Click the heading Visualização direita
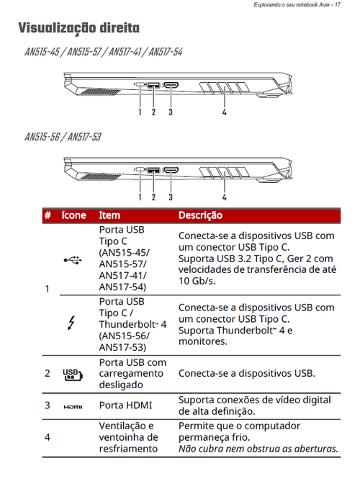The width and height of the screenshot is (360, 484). pos(79,28)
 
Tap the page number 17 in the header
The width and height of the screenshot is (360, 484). pos(338,4)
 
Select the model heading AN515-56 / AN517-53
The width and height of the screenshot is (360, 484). pos(63,137)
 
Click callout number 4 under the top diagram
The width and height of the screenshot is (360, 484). pos(224,112)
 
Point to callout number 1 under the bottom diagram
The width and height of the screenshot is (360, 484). pos(140,197)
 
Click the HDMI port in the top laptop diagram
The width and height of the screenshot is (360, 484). pos(171,85)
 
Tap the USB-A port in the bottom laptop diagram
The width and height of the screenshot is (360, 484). pos(153,170)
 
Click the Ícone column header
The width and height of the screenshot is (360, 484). pos(73,215)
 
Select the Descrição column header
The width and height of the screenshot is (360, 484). pos(200,215)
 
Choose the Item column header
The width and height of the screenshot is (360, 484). pos(109,215)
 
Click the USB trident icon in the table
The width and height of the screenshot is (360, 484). pos(73,260)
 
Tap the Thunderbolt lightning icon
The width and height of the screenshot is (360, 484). pos(71,323)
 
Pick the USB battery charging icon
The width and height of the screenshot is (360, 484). pos(73,375)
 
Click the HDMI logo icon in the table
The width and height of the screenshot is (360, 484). pos(73,407)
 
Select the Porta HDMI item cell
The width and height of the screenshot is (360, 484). pos(125,405)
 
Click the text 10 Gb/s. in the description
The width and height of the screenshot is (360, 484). pos(197,281)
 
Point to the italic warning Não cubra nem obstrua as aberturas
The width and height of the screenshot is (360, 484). pos(258,449)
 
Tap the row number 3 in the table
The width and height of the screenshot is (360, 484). pos(48,405)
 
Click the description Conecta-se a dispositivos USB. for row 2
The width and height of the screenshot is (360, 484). pos(247,374)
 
